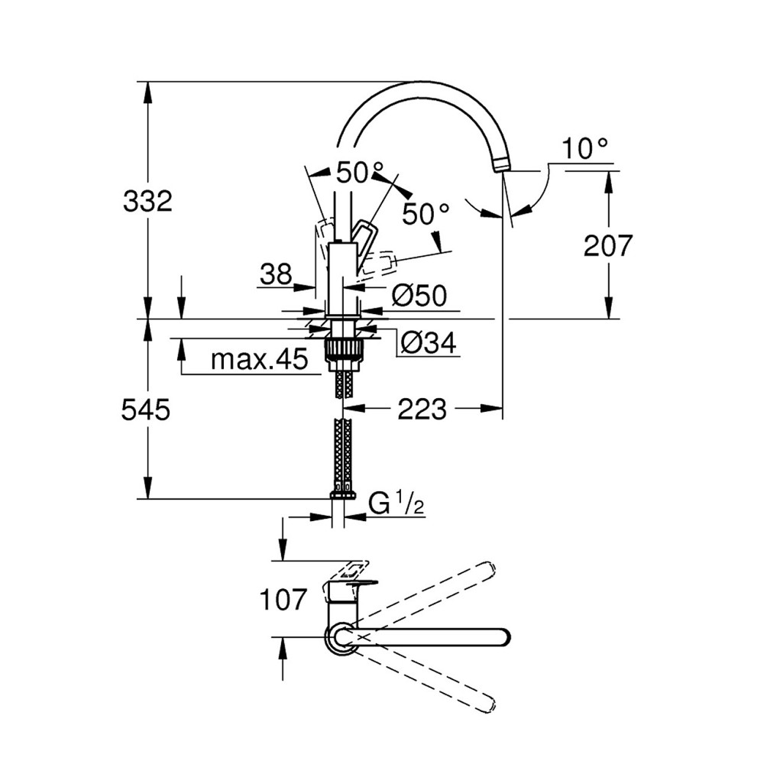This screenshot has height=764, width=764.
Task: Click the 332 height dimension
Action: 147,202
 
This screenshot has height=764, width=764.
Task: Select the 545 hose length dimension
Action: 145,410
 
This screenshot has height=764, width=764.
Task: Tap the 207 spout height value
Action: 608,246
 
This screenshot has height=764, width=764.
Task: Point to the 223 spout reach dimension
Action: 421,410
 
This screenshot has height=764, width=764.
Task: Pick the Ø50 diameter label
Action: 419,295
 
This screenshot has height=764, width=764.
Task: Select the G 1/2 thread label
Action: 397,505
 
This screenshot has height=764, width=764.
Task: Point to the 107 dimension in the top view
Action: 283,600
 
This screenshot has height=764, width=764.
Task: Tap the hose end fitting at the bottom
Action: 343,494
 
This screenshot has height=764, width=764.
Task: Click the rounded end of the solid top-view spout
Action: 500,636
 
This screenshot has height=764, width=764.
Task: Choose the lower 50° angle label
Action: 426,215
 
